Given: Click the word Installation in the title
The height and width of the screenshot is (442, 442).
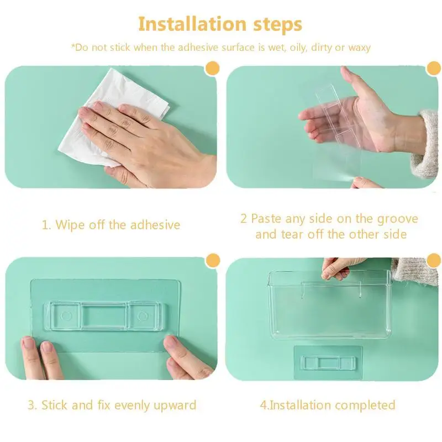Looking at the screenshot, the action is click(x=192, y=24).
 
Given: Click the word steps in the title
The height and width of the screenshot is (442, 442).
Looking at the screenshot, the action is click(x=278, y=25).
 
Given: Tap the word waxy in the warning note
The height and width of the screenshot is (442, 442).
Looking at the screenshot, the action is click(x=360, y=48).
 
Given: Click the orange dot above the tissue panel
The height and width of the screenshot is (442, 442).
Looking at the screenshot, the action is click(x=213, y=69).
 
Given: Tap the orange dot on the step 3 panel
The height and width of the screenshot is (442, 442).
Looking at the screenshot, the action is click(x=213, y=261).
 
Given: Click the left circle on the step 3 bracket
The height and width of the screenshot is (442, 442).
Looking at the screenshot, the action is click(x=67, y=316).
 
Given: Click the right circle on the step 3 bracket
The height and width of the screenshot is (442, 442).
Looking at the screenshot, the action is click(x=143, y=316).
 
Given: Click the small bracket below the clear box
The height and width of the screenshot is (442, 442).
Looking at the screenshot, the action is click(x=329, y=363).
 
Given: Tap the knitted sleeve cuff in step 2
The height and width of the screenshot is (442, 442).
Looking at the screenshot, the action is click(x=424, y=144).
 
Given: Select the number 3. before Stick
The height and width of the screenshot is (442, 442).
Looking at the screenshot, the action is click(x=32, y=406).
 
